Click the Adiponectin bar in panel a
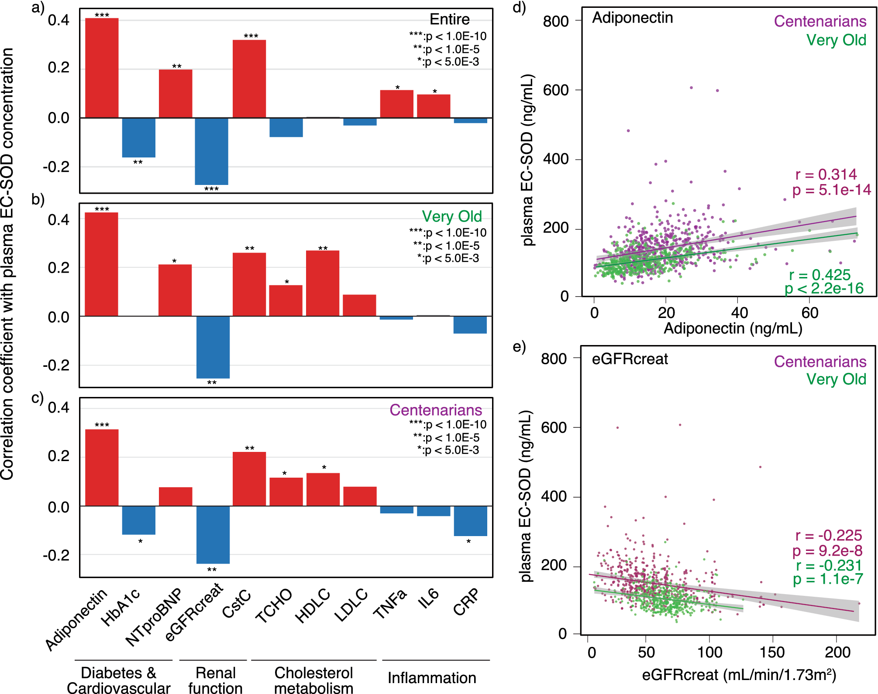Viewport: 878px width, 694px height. point(102,68)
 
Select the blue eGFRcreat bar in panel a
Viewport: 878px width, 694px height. point(211,151)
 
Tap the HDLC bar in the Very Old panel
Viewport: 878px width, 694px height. point(323,283)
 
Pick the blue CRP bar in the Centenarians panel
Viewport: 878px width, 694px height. point(470,521)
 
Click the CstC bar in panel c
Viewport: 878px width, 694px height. point(249,479)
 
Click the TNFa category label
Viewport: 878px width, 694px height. point(390,604)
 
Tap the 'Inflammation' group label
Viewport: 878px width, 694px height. point(432,678)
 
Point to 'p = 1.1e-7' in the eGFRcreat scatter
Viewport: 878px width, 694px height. point(828,580)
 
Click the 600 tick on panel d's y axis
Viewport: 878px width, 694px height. point(556,90)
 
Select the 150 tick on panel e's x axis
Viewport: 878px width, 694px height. point(772,652)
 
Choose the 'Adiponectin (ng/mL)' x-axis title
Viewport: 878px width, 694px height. point(733,328)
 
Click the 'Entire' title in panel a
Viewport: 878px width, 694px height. point(450,19)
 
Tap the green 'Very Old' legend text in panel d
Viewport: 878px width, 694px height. point(836,40)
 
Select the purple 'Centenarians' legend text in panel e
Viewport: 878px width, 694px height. point(820,362)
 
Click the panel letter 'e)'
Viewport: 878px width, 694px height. point(519,347)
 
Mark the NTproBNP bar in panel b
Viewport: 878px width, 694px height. point(175,290)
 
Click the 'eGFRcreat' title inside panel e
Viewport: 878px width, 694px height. point(630,359)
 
